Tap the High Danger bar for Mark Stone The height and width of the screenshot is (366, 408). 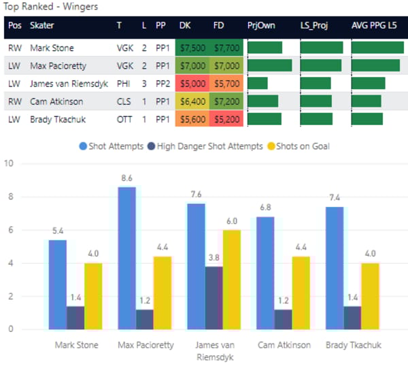coord(76,318)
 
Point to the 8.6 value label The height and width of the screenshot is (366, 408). coord(126,178)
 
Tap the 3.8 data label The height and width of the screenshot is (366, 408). coord(215,257)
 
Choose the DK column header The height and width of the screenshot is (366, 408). coord(185,25)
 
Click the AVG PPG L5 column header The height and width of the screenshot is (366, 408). coord(377,25)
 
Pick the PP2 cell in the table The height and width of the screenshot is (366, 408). coord(161,83)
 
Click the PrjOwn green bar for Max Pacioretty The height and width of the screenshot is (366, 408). coord(269,65)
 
